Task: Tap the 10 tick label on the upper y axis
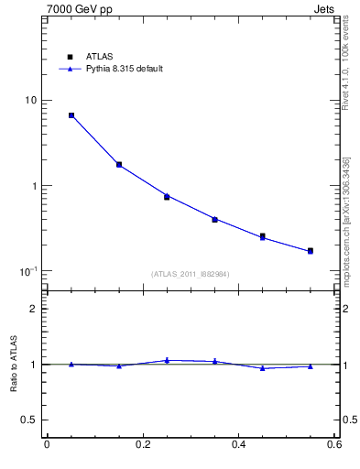click(29, 100)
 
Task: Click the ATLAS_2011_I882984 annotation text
click(191, 274)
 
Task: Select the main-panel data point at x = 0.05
click(71, 115)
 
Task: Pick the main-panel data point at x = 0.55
click(311, 250)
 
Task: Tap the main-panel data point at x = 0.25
click(167, 196)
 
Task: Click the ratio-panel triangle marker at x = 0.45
click(263, 368)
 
